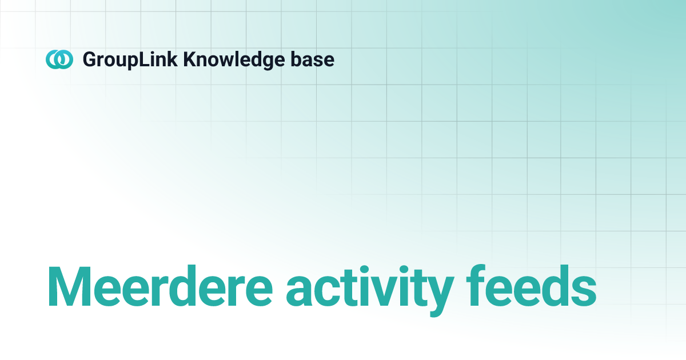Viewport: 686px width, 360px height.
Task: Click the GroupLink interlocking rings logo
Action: (x=59, y=59)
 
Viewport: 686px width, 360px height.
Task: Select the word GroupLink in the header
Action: (x=129, y=59)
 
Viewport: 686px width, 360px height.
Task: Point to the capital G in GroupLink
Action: (x=90, y=59)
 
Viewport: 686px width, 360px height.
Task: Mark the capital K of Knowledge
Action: (x=189, y=59)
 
